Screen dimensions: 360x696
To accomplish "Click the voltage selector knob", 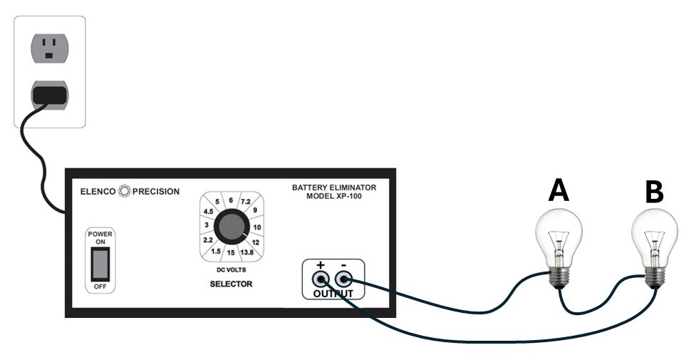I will pyautogui.click(x=230, y=227).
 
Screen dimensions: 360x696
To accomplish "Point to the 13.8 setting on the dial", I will pyautogui.click(x=249, y=253).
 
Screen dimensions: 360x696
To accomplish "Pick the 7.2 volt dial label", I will pyautogui.click(x=246, y=202).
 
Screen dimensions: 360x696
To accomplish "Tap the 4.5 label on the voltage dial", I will pyautogui.click(x=209, y=212).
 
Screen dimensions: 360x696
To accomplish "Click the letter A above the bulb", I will pyautogui.click(x=559, y=190).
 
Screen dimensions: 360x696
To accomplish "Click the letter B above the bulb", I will pyautogui.click(x=655, y=190).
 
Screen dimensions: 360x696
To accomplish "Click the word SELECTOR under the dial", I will pyautogui.click(x=231, y=284).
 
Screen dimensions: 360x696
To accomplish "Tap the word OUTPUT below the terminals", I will pyautogui.click(x=333, y=294).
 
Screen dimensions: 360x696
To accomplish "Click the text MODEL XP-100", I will pyautogui.click(x=333, y=196).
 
